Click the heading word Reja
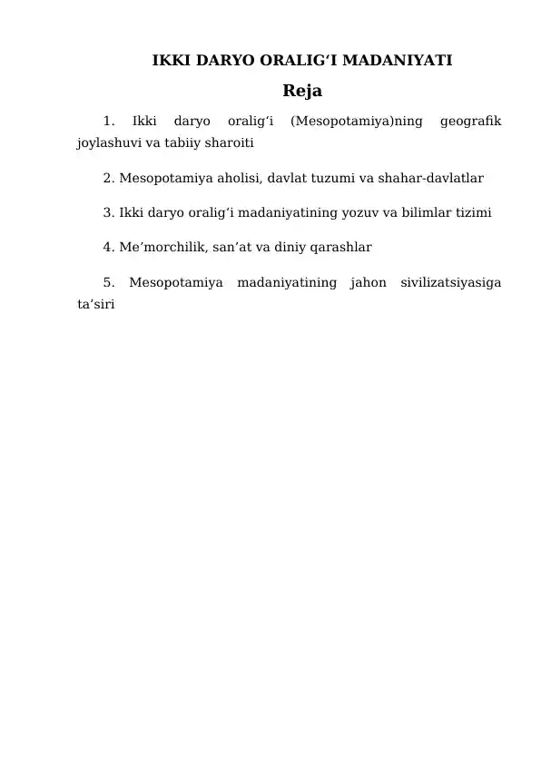[302, 92]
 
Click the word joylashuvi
[107, 143]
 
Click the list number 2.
[108, 178]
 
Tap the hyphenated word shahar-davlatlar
[428, 178]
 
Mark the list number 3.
[108, 213]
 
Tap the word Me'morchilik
[161, 247]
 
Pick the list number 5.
[108, 282]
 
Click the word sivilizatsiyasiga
[452, 282]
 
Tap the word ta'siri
[96, 304]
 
